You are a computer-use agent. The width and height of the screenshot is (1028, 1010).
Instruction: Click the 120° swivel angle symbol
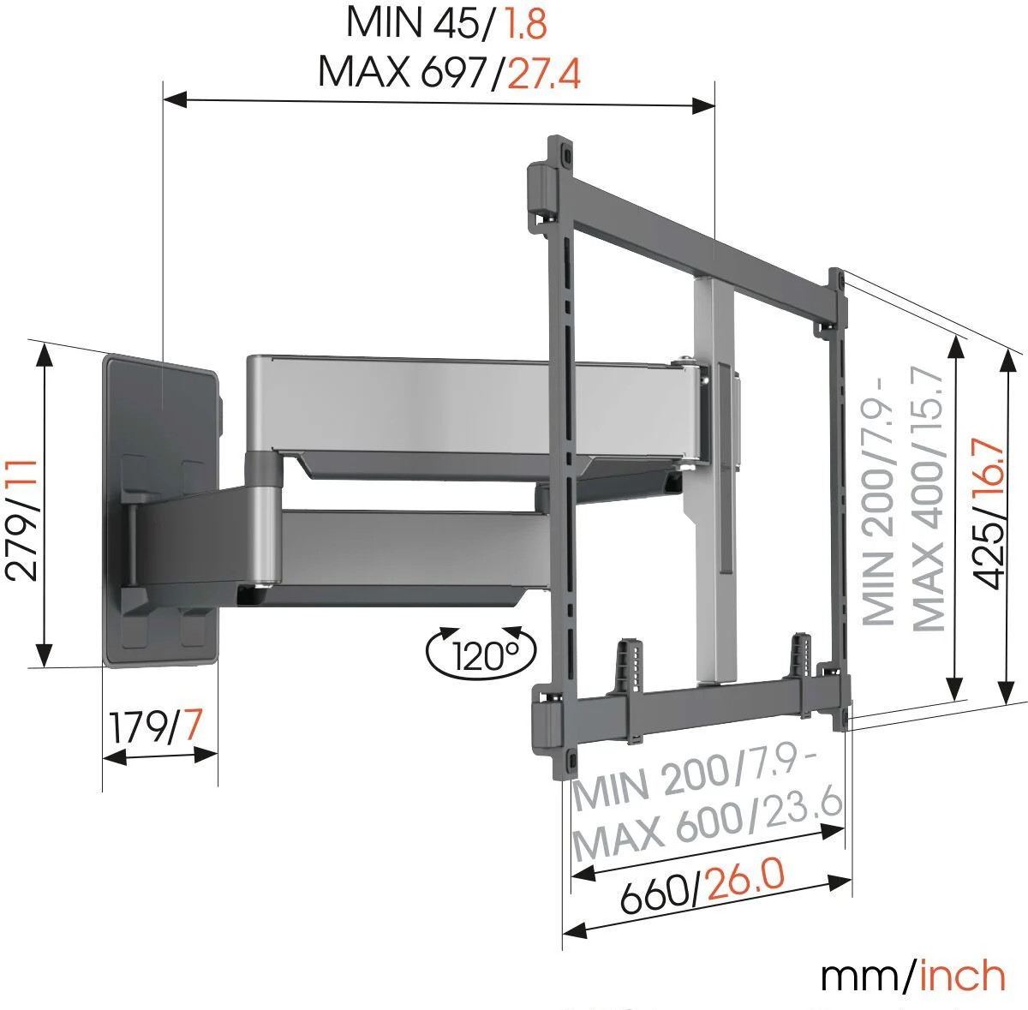point(481,653)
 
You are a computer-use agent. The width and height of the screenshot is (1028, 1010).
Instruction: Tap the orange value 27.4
point(544,74)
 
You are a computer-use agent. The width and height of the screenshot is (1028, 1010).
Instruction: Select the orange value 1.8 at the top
point(525,23)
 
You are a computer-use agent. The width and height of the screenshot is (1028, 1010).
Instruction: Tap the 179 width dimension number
point(137,727)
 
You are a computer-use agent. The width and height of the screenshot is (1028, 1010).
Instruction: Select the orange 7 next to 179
point(192,724)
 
